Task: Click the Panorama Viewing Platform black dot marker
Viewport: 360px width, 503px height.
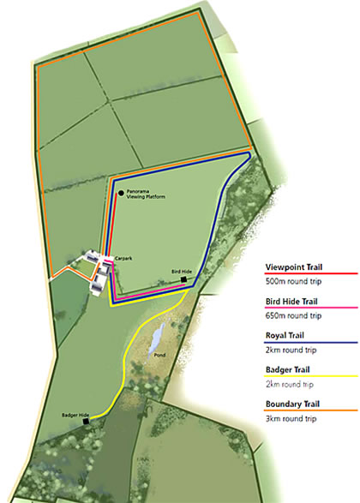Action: pos(121,194)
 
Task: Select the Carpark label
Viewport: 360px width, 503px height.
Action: pos(121,257)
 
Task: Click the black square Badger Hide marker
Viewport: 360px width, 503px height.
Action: pos(86,422)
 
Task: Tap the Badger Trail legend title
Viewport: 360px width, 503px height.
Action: pos(290,369)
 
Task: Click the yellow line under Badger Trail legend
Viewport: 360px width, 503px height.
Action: pos(309,378)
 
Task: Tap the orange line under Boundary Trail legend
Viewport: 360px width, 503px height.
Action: pos(309,411)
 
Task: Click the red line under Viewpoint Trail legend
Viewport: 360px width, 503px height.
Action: pos(309,275)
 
